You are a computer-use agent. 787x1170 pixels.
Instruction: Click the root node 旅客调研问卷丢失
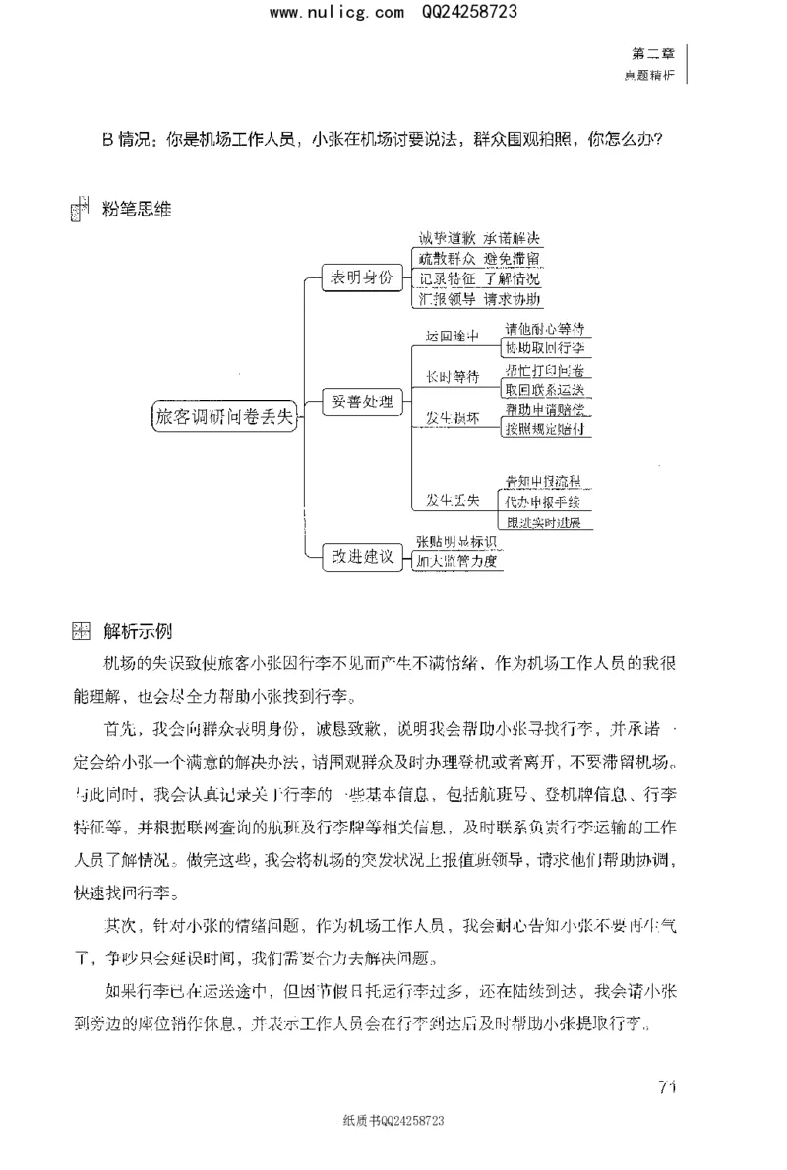point(225,415)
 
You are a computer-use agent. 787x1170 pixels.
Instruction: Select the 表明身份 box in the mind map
point(363,278)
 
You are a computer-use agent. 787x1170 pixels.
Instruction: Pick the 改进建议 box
point(363,556)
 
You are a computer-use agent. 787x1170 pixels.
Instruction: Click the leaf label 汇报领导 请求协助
point(479,299)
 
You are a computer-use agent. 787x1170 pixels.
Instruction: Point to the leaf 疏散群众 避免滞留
point(479,259)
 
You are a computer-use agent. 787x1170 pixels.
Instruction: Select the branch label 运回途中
point(452,337)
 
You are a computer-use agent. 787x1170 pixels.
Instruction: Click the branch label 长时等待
point(452,377)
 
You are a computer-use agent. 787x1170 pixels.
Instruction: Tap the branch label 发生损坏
point(452,417)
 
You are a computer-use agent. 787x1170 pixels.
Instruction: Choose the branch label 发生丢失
point(452,501)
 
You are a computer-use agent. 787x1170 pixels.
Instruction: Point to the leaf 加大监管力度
point(457,562)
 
